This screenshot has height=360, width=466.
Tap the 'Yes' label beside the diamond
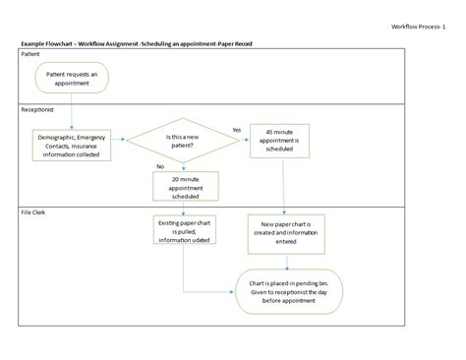236,130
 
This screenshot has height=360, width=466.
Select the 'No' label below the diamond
159,167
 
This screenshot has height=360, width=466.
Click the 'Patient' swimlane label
31,55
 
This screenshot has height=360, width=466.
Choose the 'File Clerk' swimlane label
34,210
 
